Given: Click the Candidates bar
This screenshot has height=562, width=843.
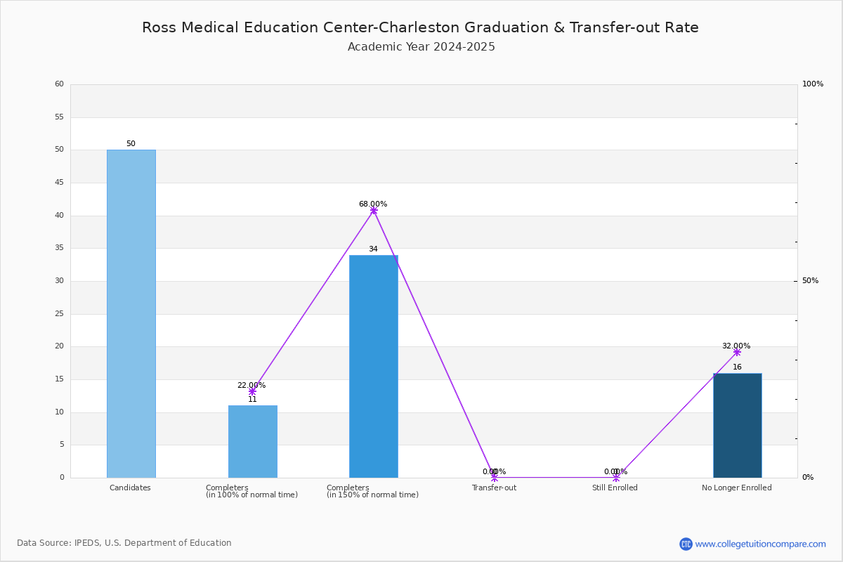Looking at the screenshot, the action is [131, 314].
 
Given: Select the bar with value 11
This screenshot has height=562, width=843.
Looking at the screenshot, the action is [253, 442].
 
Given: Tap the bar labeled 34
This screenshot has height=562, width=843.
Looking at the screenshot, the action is [374, 367].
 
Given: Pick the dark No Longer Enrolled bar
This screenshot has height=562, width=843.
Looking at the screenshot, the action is [738, 426].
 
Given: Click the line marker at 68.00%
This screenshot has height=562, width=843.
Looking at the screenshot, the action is [374, 211].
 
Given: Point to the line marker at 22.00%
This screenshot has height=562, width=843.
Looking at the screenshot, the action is [252, 392].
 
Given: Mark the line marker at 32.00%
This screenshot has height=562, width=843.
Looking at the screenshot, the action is [737, 353].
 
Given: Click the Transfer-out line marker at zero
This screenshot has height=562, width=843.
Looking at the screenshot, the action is [495, 478].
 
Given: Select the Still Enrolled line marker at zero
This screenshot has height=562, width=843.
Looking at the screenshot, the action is [616, 478].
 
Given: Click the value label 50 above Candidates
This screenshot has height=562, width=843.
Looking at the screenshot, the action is [131, 143].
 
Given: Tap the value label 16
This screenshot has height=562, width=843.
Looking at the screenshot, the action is [737, 367].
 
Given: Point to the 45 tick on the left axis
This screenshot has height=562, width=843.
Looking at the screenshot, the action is [60, 183].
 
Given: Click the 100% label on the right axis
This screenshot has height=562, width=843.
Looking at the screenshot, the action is [813, 84].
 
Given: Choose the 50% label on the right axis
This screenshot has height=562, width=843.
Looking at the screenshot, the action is [810, 280].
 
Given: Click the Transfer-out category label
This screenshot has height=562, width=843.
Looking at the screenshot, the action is [494, 488].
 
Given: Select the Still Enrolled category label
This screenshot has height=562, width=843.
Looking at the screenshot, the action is [615, 488].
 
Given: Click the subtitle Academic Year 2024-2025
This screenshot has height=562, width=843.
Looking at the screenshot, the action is [421, 46].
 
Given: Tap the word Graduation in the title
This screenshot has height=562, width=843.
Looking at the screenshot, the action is [507, 27].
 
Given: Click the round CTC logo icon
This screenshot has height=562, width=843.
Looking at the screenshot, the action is [686, 544].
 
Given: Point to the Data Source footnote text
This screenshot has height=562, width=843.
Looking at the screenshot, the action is [124, 543].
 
